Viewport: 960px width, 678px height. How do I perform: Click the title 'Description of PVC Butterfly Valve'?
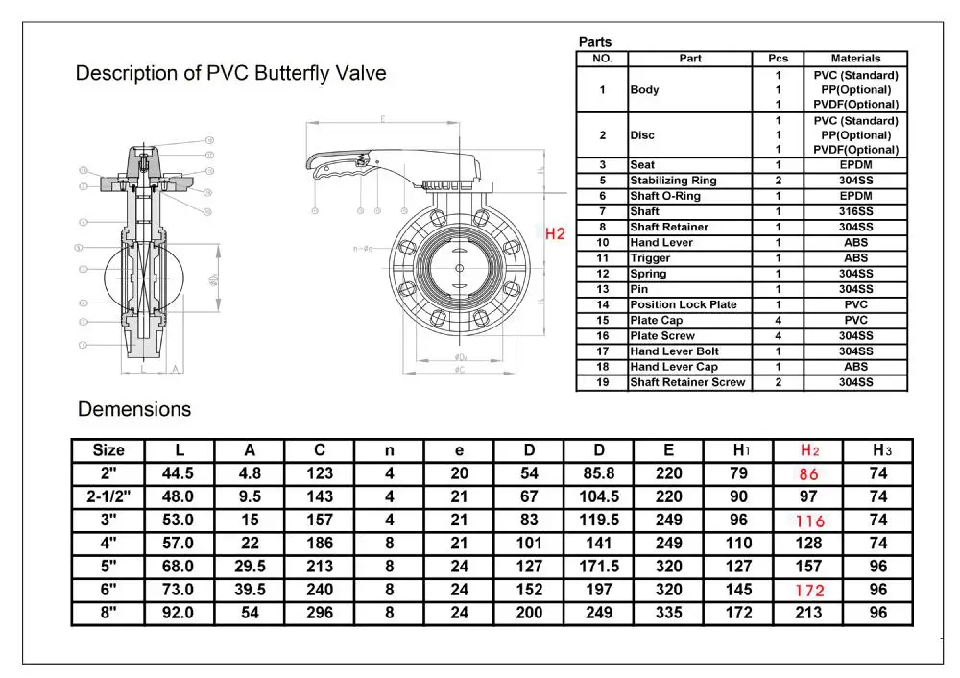tap(230, 74)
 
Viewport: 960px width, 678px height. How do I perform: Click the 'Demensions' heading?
tap(134, 409)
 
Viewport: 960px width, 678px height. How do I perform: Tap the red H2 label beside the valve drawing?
tap(555, 233)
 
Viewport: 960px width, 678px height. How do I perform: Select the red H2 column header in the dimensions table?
tap(809, 450)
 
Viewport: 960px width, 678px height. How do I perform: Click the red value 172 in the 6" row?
tap(809, 590)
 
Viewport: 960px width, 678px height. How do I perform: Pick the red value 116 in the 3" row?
tap(809, 521)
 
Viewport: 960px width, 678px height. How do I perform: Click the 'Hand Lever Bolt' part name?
tap(674, 351)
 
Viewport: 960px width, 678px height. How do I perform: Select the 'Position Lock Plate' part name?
tap(683, 304)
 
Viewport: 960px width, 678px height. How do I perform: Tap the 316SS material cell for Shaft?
tap(855, 211)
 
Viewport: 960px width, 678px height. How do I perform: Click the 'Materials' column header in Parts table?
tap(855, 59)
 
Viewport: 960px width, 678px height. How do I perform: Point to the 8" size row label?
tap(108, 613)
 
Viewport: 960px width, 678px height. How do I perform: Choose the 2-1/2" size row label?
tap(108, 496)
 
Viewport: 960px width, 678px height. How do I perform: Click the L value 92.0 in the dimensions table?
tap(180, 613)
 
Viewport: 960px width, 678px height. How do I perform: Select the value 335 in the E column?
tap(668, 613)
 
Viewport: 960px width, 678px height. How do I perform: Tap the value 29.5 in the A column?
tap(250, 567)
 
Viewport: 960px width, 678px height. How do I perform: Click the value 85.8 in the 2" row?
tap(598, 473)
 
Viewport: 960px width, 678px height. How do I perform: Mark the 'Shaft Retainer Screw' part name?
tap(687, 382)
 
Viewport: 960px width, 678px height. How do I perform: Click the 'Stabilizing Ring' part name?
tap(673, 181)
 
